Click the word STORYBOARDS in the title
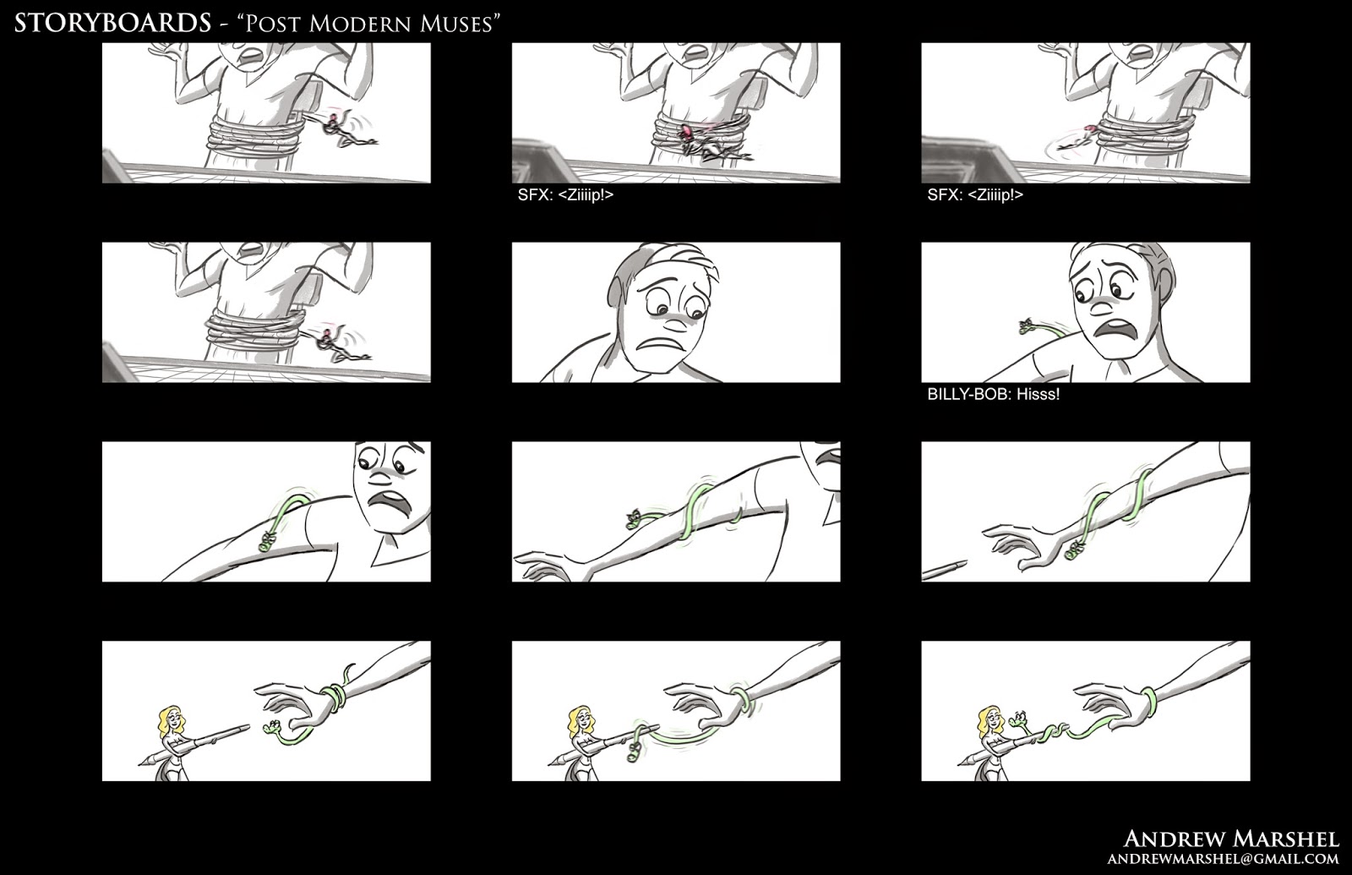click(113, 24)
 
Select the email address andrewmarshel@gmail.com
click(1224, 859)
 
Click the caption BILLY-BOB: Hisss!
click(994, 395)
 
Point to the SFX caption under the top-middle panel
click(565, 195)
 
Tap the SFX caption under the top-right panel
click(975, 195)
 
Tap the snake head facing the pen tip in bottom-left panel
click(269, 730)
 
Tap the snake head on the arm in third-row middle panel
click(634, 518)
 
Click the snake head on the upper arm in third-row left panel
click(266, 542)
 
